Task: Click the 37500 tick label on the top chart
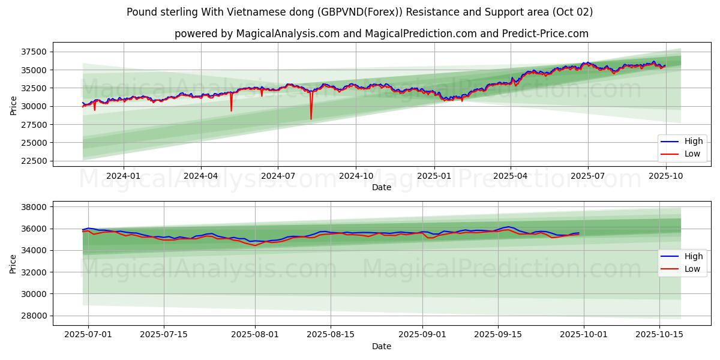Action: coord(35,52)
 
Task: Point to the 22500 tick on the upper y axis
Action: coord(35,161)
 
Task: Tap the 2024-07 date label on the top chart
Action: coord(278,176)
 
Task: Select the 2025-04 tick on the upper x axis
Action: coord(511,176)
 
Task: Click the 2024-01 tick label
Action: coord(124,176)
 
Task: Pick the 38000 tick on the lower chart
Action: coord(35,207)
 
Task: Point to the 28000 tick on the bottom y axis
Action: coord(35,316)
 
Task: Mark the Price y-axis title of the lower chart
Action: coord(13,263)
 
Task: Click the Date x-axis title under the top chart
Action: coord(382,187)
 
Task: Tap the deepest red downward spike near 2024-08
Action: coord(311,119)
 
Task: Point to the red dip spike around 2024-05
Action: coord(231,110)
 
